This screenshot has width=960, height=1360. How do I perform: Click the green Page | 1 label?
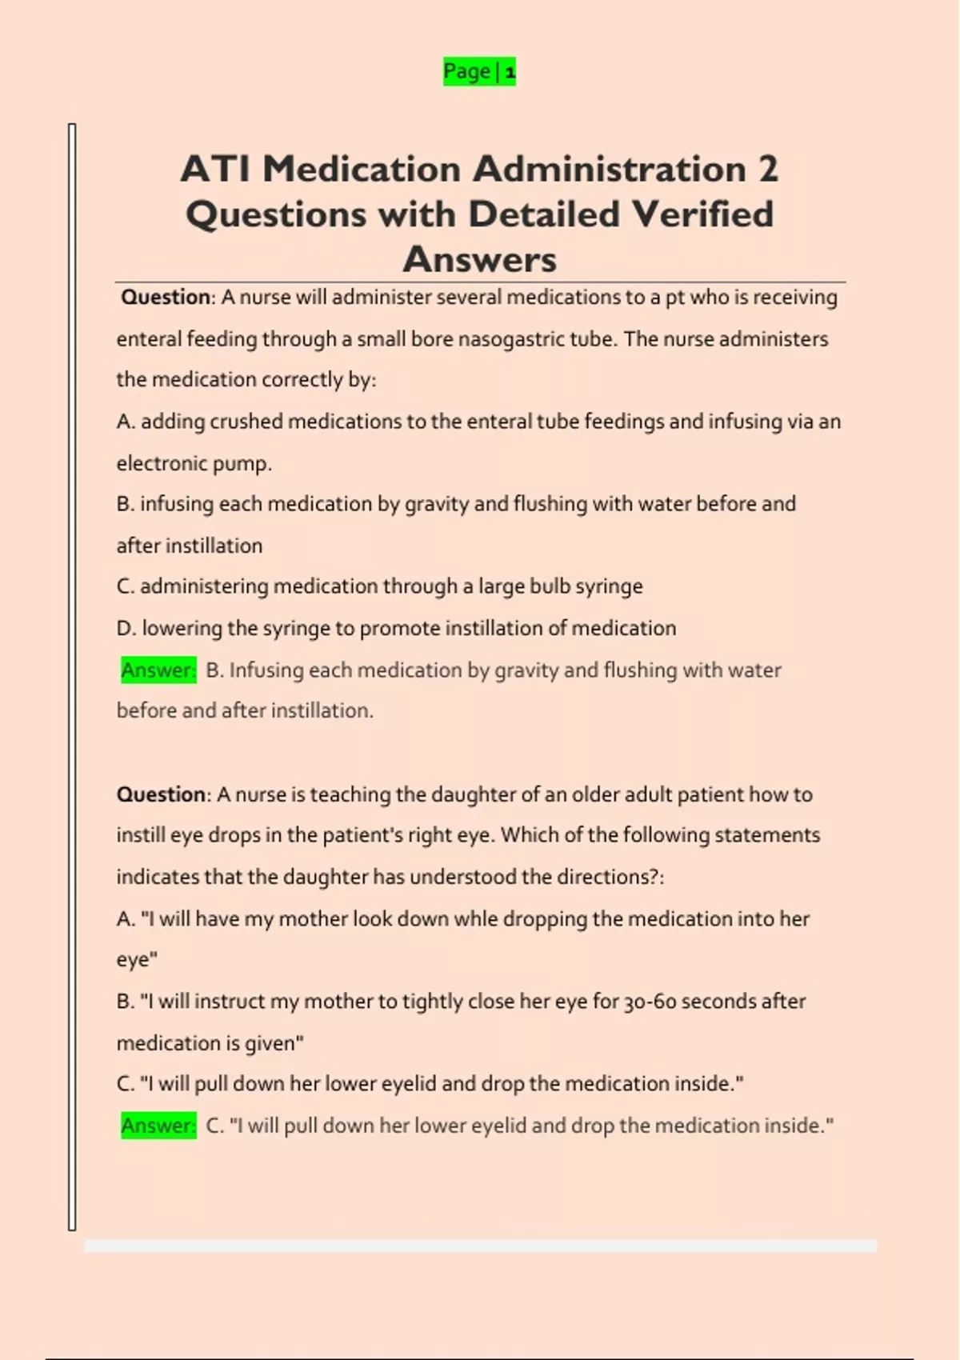coord(479,72)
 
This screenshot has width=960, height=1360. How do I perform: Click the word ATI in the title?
coord(215,169)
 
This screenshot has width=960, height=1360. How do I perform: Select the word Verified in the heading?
coord(702,214)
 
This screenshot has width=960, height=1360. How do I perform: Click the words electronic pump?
coord(194,464)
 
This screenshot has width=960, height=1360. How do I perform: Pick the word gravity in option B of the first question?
coord(436,504)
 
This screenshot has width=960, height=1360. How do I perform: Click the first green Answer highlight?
coord(158,670)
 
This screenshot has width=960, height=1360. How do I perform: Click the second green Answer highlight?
coord(158,1126)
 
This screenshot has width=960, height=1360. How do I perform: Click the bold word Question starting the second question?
coord(162,794)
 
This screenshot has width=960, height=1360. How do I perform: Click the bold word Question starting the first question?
coord(166,298)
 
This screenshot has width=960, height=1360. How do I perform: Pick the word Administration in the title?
coord(609,169)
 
